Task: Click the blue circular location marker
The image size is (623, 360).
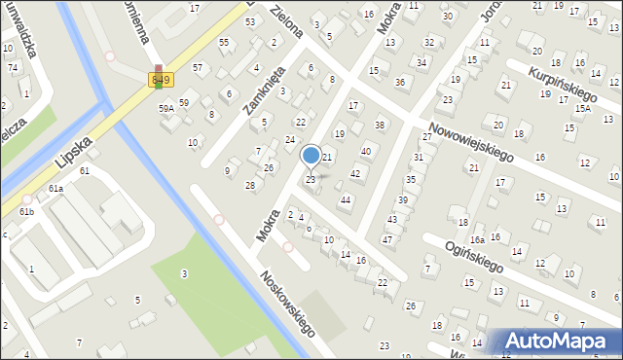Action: [x=311, y=155]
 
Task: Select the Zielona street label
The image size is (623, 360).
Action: [x=286, y=25]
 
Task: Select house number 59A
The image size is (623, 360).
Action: [x=166, y=108]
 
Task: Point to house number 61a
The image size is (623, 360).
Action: [x=56, y=188]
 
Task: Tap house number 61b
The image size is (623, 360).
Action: [x=26, y=211]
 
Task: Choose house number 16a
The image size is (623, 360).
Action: [x=477, y=239]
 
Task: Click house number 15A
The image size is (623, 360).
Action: [x=582, y=108]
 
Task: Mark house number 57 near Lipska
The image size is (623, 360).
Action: [x=198, y=67]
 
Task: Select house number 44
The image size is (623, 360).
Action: [x=345, y=199]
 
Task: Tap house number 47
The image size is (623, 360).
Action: [x=387, y=239]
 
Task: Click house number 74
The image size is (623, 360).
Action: [x=14, y=67]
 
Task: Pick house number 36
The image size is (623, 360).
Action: [x=400, y=82]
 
